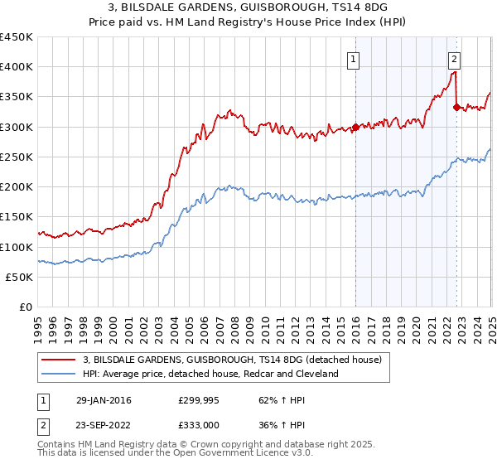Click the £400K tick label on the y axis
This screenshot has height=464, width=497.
pos(17,67)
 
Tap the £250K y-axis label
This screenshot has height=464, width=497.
pos(17,157)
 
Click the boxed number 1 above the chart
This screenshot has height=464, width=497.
pos(354,58)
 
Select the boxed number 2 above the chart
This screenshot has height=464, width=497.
pos(455,58)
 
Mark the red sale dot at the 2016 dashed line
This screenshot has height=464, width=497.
pos(355,128)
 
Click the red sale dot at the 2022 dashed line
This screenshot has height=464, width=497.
pos(456,106)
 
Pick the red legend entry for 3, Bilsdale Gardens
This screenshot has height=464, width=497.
pos(232,360)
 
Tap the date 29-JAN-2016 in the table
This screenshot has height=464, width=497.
pos(103,400)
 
